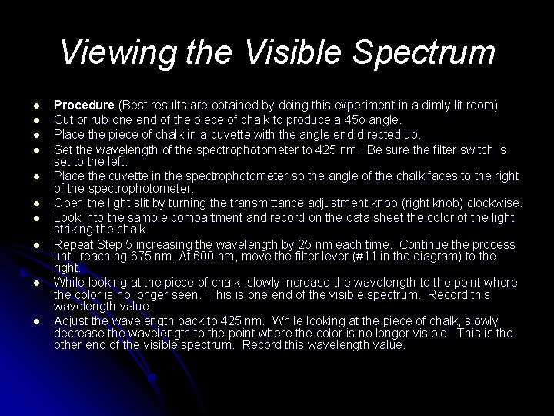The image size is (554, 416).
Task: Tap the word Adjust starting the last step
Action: coord(72,320)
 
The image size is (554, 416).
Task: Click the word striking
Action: coord(73,230)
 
